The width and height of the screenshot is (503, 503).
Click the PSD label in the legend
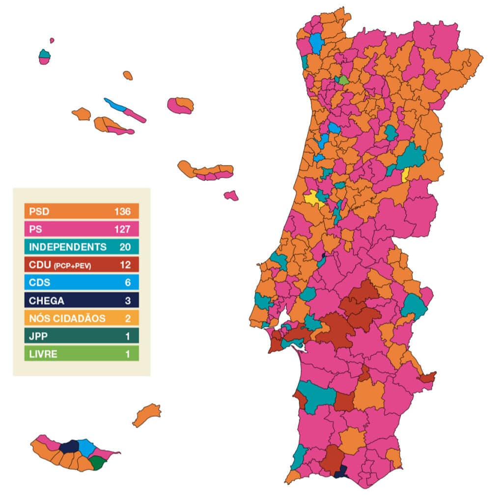click(37, 212)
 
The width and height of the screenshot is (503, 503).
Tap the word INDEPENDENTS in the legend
click(67, 247)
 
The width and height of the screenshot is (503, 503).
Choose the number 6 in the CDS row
click(127, 282)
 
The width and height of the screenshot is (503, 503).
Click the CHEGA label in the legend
click(47, 301)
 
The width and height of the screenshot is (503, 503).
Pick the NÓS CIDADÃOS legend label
click(67, 318)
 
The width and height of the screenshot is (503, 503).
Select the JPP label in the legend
click(36, 336)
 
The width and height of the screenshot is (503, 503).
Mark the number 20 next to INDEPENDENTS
click(124, 247)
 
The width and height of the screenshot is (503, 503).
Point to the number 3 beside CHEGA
click(127, 301)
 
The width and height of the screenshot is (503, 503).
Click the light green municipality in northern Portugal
click(344, 80)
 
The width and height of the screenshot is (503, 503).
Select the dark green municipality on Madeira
click(97, 463)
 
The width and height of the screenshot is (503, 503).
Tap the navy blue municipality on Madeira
click(69, 447)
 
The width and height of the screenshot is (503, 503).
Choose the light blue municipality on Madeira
click(87, 447)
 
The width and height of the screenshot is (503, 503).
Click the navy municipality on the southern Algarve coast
click(340, 473)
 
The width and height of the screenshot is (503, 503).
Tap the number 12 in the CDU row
click(125, 264)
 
